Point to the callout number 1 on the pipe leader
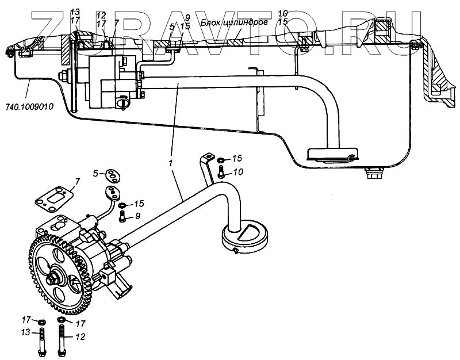pyautogui.click(x=171, y=164)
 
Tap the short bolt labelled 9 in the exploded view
pyautogui.click(x=122, y=217)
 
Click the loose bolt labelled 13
pyautogui.click(x=42, y=340)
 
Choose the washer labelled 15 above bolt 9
pyautogui.click(x=122, y=205)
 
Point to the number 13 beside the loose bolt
pyautogui.click(x=26, y=333)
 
